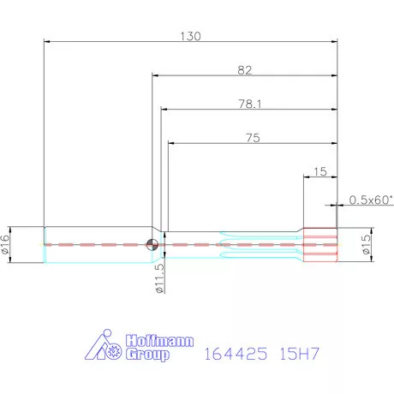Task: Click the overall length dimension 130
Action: (190, 36)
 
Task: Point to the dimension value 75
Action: (253, 137)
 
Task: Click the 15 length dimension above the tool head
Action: (320, 171)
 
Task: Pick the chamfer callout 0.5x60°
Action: (370, 200)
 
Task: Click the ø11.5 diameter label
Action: (160, 278)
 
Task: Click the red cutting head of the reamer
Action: (321, 244)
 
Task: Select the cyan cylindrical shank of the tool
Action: (94, 244)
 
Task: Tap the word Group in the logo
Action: (147, 354)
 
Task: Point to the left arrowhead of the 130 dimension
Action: (46, 41)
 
